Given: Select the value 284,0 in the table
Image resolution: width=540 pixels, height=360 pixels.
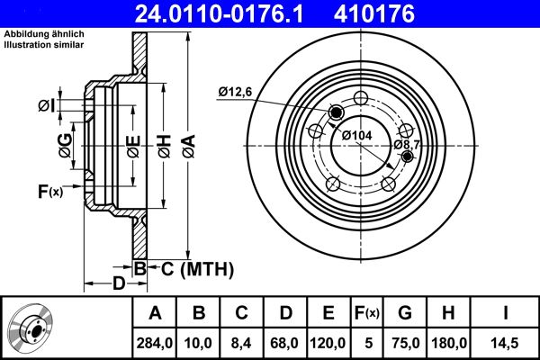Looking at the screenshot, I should [155, 342].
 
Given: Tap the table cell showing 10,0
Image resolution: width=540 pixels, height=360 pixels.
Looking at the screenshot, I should [199, 342].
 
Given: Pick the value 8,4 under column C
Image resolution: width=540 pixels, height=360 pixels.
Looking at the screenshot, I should [241, 342].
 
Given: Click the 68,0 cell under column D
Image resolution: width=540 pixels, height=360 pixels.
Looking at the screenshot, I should [284, 342].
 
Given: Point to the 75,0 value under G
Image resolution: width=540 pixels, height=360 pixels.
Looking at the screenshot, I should [405, 342].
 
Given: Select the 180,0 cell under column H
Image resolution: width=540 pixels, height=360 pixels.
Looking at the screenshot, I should [450, 342].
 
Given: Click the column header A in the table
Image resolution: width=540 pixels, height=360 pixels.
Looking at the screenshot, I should [155, 313].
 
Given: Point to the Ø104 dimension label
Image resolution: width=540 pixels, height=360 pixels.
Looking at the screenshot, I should [357, 135].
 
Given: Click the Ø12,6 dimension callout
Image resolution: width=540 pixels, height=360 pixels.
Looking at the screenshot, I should [236, 90].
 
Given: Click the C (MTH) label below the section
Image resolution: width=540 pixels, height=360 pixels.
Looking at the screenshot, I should [197, 268].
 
